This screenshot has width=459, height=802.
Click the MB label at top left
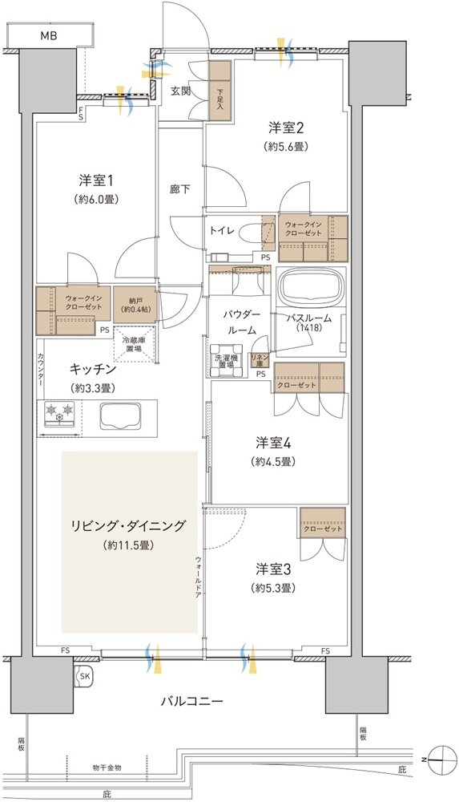50,36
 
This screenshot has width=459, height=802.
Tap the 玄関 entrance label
181,91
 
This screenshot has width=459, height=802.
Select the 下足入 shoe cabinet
220,92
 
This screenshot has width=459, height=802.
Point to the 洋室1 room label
94,179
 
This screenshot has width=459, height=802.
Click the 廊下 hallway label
179,190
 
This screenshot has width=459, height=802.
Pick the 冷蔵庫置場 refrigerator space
133,343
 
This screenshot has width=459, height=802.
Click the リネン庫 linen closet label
259,359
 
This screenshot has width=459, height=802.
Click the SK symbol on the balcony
84,678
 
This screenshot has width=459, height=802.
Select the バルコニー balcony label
191,700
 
